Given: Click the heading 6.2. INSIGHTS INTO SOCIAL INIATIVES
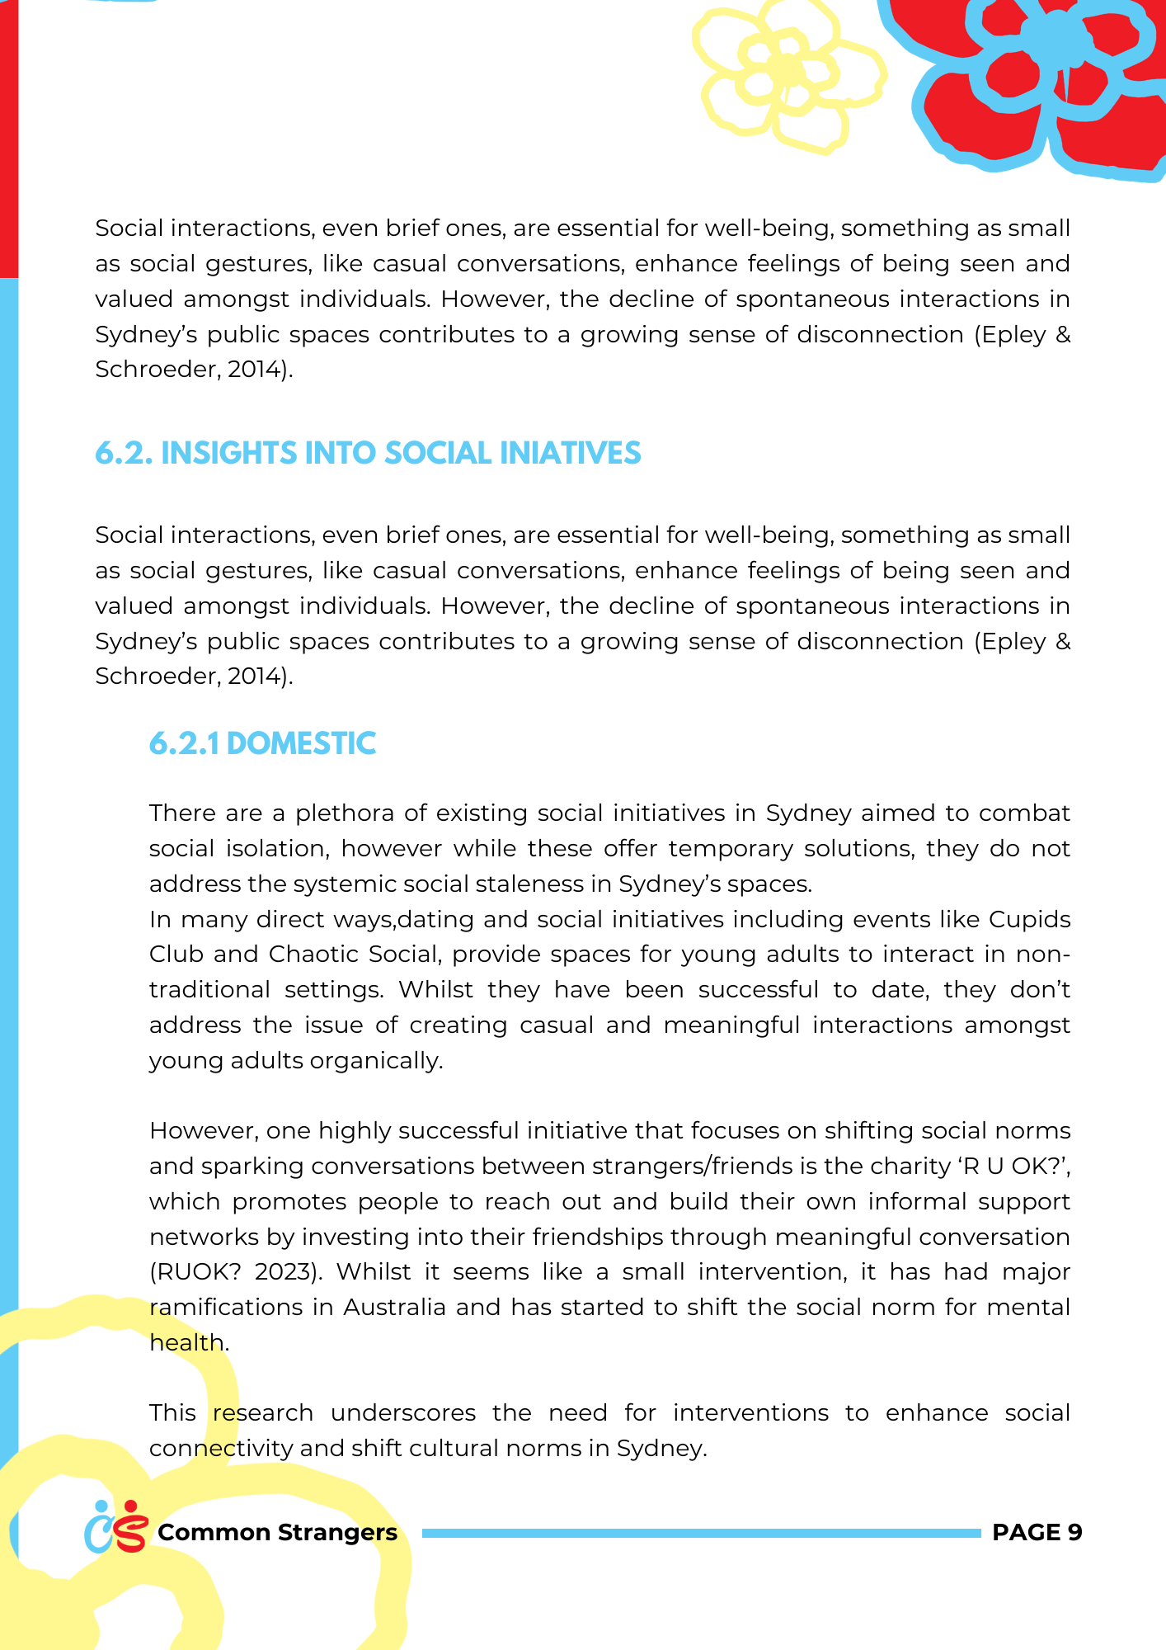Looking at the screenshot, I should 368,454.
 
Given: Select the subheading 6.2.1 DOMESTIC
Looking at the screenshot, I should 262,744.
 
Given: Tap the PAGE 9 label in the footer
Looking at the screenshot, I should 1037,1532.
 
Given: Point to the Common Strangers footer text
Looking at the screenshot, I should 277,1532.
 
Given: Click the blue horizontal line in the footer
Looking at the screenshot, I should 701,1533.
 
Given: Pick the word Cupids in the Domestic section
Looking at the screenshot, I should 1029,919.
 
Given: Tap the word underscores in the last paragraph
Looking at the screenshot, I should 403,1413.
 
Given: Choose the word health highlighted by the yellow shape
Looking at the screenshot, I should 186,1343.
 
